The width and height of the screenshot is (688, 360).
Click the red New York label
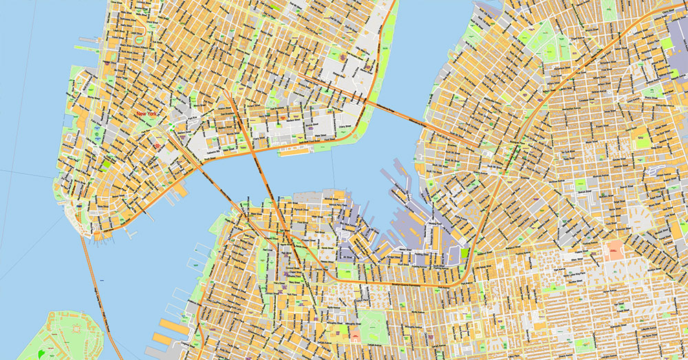coord(147,114)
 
